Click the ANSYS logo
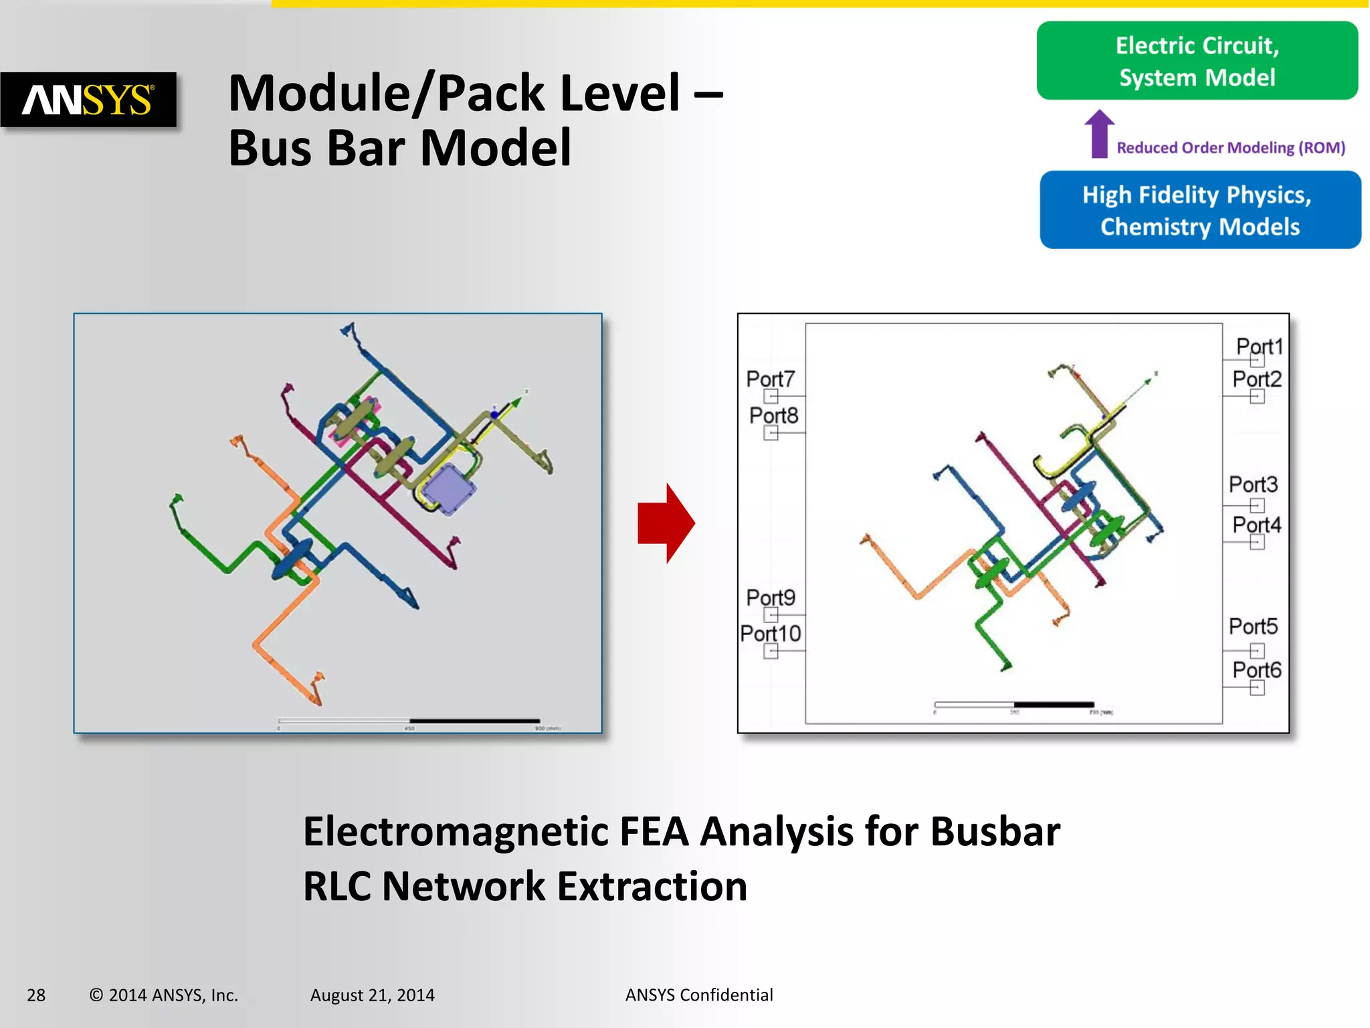pos(88,100)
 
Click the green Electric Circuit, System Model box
pos(1197,61)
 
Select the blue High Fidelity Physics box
pos(1200,210)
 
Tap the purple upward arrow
pos(1099,134)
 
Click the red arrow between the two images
pos(666,523)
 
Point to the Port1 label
pos(1259,346)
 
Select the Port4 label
pos(1256,525)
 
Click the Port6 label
pos(1256,670)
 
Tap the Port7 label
pos(770,379)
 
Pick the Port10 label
pos(770,633)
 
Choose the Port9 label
pos(771,597)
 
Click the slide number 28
pos(36,995)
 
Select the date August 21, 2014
pos(372,995)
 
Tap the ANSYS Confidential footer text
pos(699,995)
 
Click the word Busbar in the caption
pos(995,832)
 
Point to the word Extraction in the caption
pos(652,887)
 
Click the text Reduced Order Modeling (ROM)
pos(1231,148)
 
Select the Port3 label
pos(1253,484)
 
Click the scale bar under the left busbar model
pos(409,721)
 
